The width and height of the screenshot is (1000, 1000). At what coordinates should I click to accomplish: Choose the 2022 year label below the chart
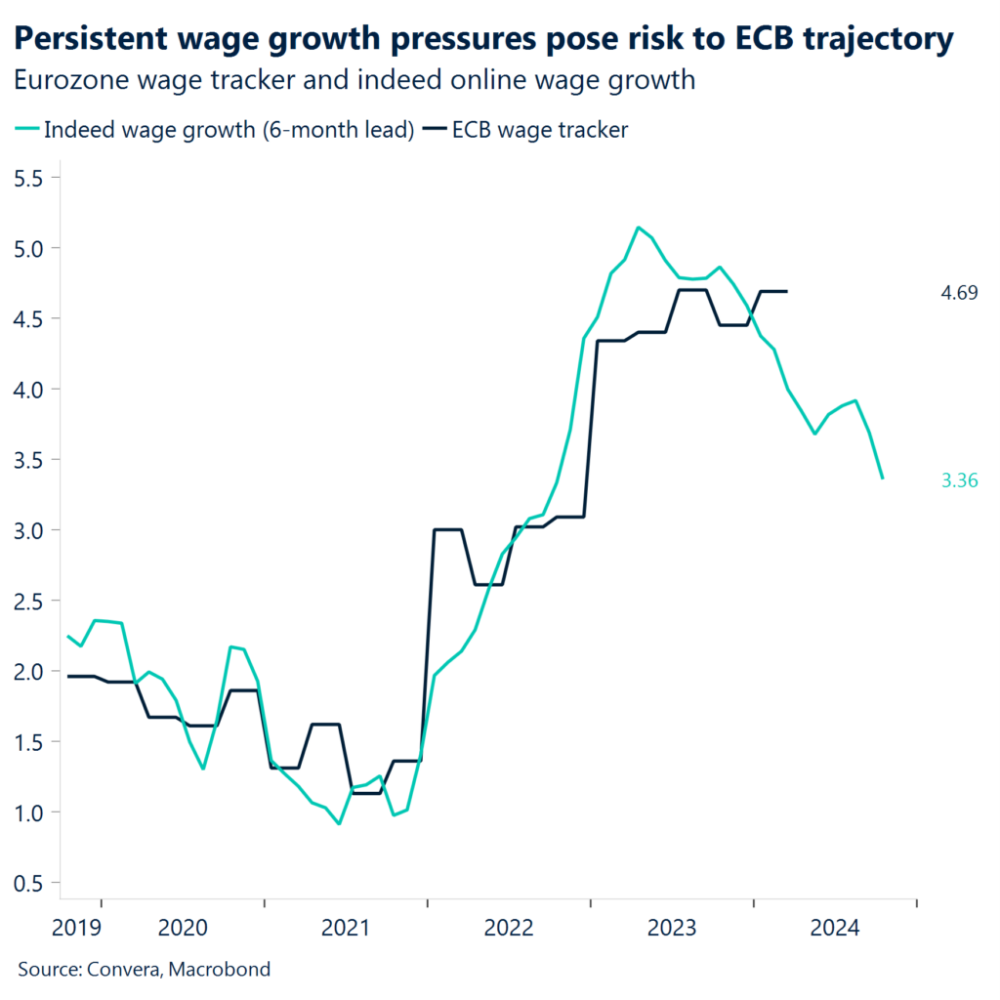508,927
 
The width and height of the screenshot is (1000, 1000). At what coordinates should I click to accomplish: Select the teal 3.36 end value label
958,479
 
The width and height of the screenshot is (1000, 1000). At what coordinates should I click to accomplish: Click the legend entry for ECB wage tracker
538,131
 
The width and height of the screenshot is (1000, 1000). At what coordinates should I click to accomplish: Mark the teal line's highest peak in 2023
638,228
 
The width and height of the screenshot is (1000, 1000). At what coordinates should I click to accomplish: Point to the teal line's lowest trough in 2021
339,823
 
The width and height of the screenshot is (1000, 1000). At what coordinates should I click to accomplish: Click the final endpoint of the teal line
883,478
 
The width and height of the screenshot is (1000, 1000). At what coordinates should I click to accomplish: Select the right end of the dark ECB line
787,291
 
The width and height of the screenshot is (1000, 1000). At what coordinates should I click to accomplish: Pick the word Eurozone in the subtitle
69,81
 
